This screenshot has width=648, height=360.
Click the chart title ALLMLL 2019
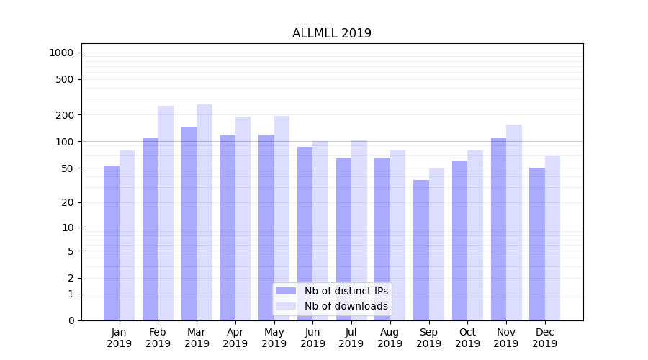coord(332,33)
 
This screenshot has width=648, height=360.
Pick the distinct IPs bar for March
coord(189,223)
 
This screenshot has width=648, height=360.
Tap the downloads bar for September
coord(436,244)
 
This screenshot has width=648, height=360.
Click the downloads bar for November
coord(514,222)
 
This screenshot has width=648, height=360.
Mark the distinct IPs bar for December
coord(537,244)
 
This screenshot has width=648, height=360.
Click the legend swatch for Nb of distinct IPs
coord(286,291)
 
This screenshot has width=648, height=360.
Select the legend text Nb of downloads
coord(346,306)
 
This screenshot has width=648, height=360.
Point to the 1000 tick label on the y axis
coord(61,53)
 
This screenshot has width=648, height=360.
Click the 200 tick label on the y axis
coord(65,115)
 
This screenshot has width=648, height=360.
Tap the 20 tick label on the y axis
coord(67,202)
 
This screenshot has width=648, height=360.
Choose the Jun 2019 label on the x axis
coord(312,338)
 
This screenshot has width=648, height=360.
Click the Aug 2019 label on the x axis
coord(390,338)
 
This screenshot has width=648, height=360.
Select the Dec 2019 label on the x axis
coord(544,338)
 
